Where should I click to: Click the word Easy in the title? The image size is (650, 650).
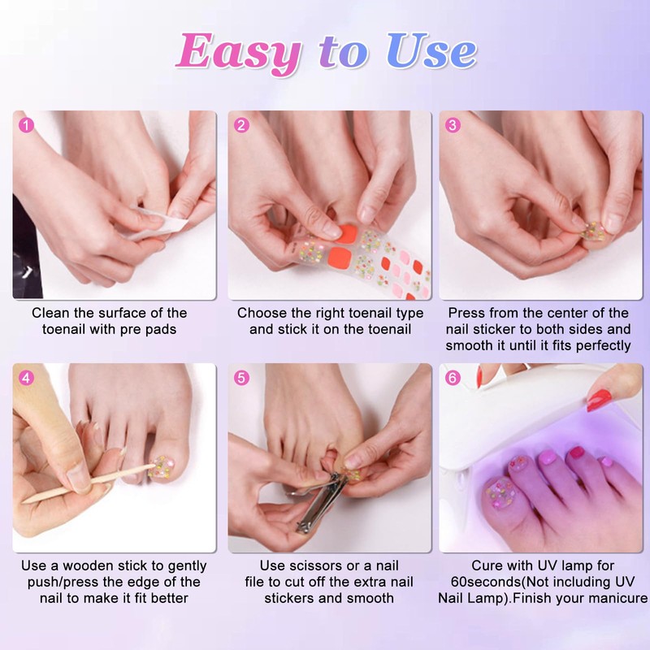tap(238, 53)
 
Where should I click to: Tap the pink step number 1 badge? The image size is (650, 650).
tap(27, 125)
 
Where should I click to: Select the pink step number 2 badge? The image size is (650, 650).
tap(241, 125)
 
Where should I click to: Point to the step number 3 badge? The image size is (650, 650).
tap(453, 125)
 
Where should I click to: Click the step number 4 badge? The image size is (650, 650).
tap(27, 378)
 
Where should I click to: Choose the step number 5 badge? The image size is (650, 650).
tap(241, 378)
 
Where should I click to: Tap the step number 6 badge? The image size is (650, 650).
tap(453, 378)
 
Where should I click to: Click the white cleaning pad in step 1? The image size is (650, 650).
tap(158, 224)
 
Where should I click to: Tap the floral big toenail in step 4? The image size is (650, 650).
tap(162, 468)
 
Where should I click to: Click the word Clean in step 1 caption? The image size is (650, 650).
tap(51, 313)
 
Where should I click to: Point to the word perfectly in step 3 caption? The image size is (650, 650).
tap(604, 346)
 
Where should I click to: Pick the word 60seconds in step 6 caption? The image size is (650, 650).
tap(486, 582)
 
